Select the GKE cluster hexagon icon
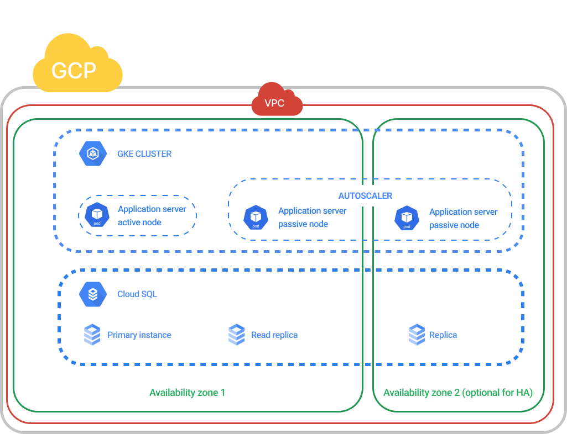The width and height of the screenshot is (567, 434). (92, 154)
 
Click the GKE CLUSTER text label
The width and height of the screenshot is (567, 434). (144, 154)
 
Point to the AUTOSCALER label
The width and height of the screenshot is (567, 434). (365, 196)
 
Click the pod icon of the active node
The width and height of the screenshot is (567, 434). (97, 216)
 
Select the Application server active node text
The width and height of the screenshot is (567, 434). (152, 216)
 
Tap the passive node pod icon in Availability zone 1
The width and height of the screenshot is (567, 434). (256, 218)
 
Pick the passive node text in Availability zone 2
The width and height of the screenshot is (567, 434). (463, 219)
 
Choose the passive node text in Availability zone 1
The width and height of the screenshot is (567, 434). (312, 218)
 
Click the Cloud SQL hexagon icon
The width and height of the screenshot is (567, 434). (92, 294)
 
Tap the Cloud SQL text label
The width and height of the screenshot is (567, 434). (137, 294)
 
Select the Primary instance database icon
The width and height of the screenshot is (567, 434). (92, 335)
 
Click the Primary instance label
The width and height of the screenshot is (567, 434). (139, 335)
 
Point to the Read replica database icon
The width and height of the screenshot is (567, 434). (236, 335)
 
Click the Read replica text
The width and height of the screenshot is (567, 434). (274, 335)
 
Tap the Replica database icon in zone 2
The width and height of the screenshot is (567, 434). (417, 335)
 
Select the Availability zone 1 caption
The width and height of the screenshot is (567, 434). (187, 393)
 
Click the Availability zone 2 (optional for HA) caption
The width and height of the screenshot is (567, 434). (458, 393)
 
